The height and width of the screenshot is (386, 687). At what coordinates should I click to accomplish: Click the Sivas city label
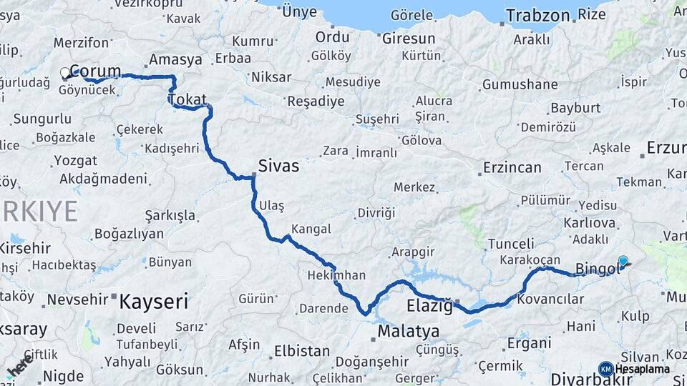coord(279,166)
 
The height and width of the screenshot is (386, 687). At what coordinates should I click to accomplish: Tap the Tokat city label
coord(188,99)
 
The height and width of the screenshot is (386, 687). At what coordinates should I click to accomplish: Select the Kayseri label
coord(153,301)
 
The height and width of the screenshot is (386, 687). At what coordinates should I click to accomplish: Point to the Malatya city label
coord(408,331)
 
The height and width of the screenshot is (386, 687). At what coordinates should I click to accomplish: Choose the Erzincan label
coord(512,167)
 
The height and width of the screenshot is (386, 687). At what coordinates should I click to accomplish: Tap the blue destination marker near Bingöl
coord(623,262)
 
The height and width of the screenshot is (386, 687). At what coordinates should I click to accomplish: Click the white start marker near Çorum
coord(65,73)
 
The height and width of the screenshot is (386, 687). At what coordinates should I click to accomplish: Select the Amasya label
coord(175,59)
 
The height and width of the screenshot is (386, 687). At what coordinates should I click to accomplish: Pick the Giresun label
coord(408,38)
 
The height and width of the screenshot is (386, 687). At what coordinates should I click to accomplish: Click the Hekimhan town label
coord(336,274)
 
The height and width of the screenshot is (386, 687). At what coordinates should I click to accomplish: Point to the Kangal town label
coord(311,229)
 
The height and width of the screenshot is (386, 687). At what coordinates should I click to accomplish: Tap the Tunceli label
coord(510,244)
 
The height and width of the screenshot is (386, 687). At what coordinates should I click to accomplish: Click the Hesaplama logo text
coord(642,369)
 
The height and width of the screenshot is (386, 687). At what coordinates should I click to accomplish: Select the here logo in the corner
coord(20,366)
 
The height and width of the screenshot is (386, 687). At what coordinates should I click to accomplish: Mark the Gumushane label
coord(520,84)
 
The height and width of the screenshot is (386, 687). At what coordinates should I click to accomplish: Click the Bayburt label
coord(575,108)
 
